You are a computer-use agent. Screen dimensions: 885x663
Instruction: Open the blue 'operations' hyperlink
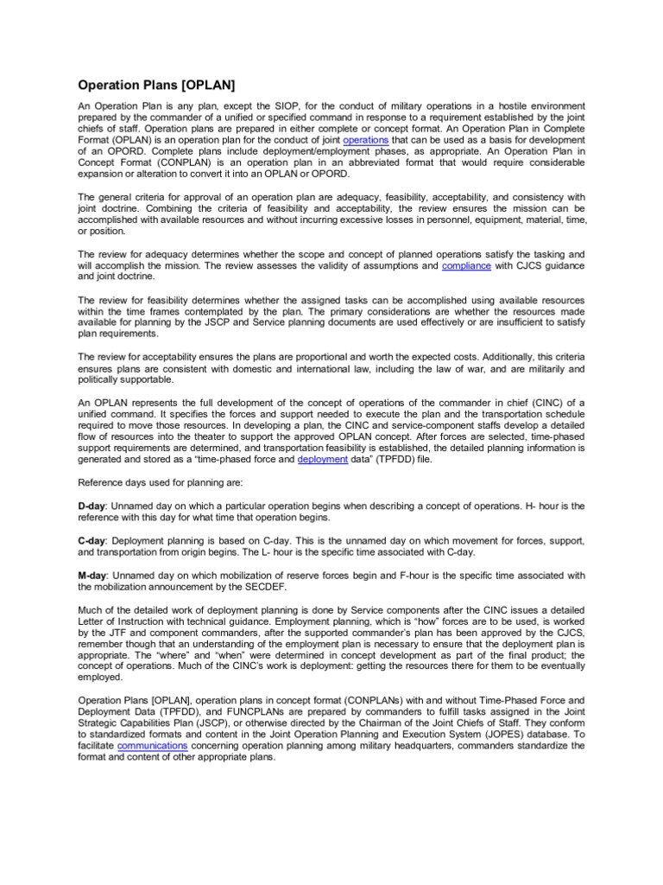pos(365,139)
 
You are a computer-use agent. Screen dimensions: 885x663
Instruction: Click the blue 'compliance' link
pos(466,266)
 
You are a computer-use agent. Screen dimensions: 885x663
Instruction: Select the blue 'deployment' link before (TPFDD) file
pos(322,460)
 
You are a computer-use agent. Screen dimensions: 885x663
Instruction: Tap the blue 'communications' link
pos(152,744)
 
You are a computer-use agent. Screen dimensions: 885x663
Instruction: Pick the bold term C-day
pos(92,540)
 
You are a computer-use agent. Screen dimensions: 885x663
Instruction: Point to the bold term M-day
pos(92,576)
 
